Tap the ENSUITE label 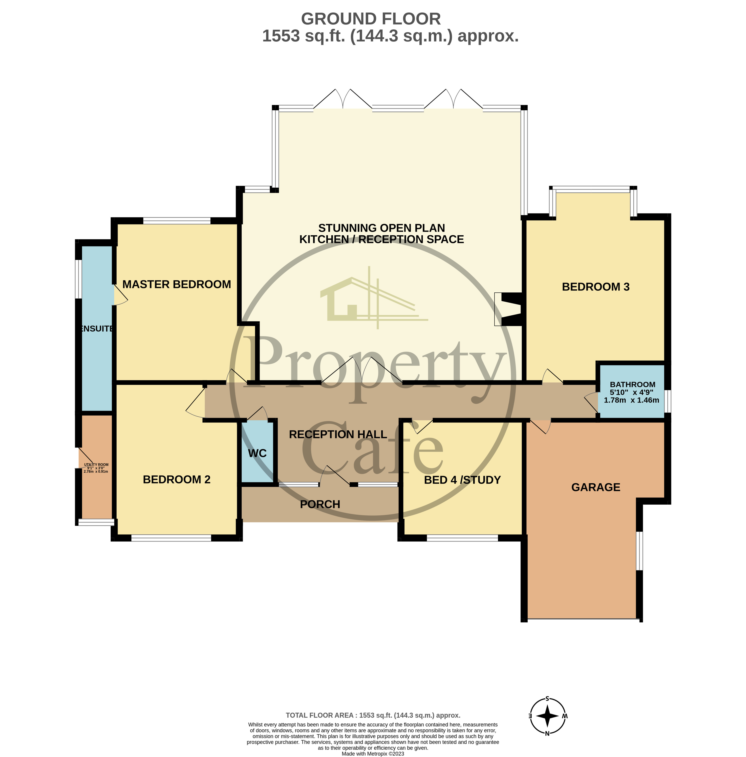96,328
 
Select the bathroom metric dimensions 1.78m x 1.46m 631,400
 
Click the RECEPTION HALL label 338,434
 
